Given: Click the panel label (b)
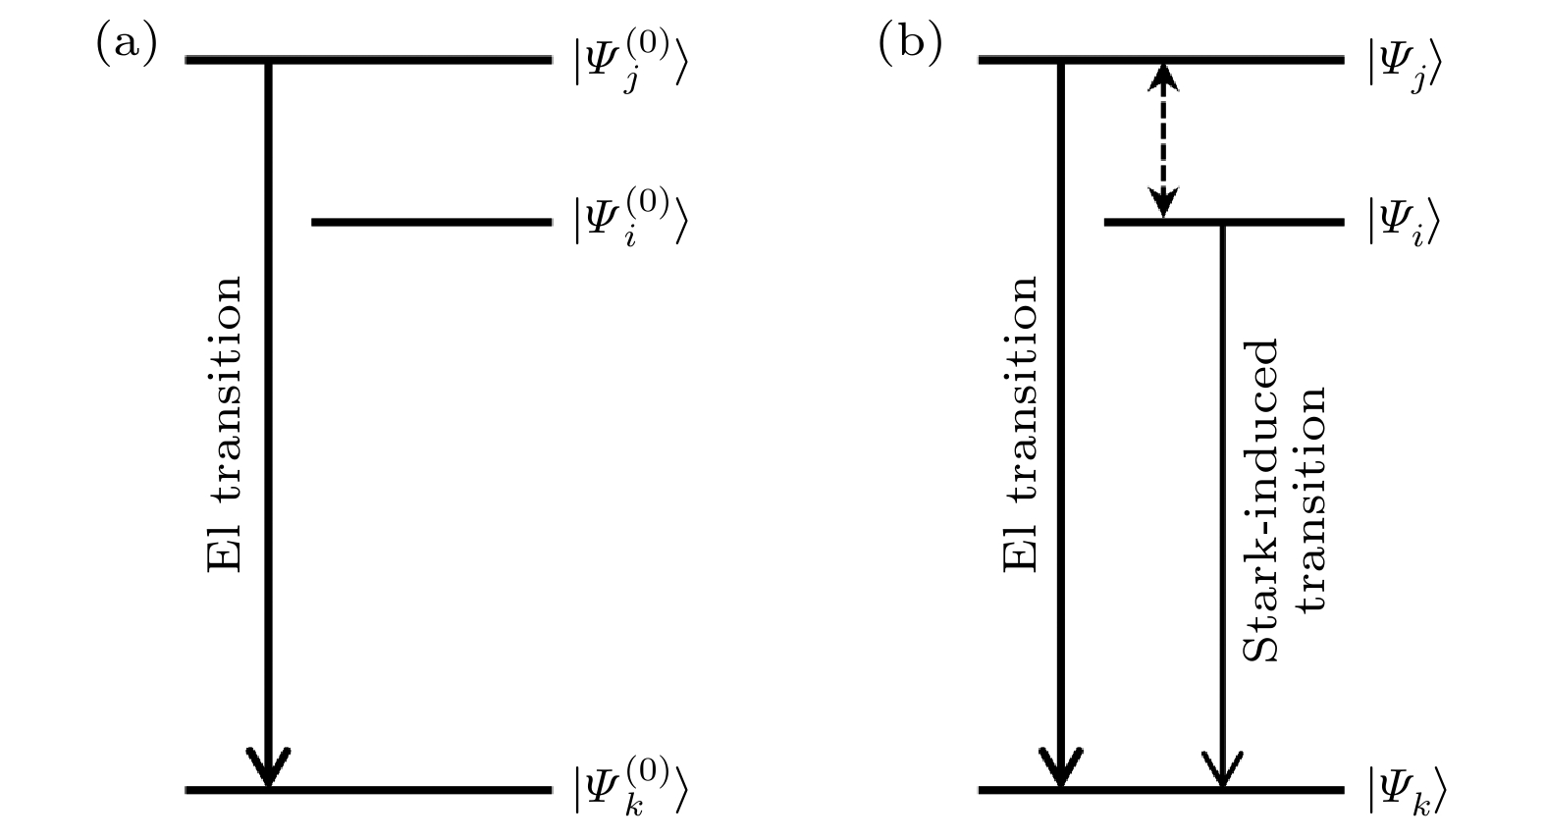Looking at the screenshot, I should coord(909,44).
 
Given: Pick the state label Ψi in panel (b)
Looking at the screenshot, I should coord(1404,222).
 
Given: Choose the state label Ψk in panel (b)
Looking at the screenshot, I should coord(1406,790).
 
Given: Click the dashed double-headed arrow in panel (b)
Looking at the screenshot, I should coord(1163,139).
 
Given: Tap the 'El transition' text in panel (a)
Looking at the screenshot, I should coord(225,424).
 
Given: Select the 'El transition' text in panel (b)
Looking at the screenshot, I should coord(1021,424).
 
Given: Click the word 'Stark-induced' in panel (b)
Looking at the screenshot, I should coord(1261,500).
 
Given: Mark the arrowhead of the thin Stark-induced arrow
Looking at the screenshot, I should coord(1222,770).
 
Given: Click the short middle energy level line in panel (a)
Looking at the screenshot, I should coord(431,222).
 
